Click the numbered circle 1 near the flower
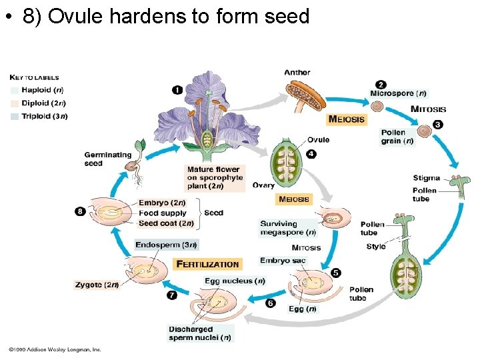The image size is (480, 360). click(177, 89)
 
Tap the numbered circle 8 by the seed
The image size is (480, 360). click(80, 211)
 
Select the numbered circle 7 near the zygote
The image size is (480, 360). click(172, 295)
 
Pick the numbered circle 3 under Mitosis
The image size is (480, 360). click(437, 124)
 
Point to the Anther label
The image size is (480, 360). click(297, 73)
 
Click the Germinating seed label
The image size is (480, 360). click(108, 159)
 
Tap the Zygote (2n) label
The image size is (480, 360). click(97, 285)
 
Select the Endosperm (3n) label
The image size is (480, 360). click(166, 245)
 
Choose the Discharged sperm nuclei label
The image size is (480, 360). click(200, 333)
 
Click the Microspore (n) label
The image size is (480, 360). click(398, 93)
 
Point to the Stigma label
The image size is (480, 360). click(426, 178)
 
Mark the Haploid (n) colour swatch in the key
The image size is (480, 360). click(15, 89)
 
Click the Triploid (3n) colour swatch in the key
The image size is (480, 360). click(15, 116)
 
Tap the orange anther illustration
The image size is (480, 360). click(305, 95)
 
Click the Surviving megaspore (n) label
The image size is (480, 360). click(288, 228)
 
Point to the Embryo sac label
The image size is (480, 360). click(283, 261)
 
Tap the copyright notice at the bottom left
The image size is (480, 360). click(55, 349)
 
